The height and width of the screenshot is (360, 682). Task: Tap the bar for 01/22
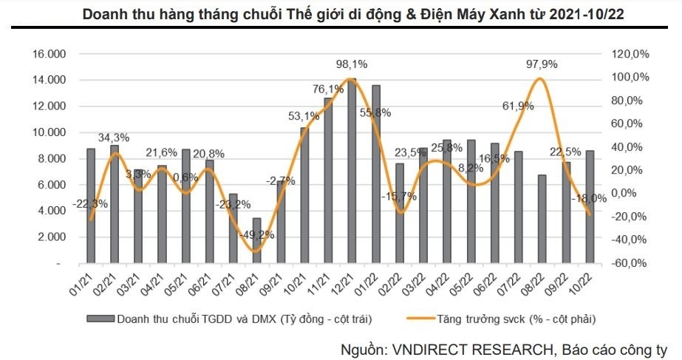[375, 174]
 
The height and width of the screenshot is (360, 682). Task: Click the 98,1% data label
[352, 64]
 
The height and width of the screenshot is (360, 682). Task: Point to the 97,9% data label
[542, 64]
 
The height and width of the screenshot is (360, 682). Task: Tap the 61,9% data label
[516, 106]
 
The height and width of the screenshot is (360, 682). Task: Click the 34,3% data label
[114, 137]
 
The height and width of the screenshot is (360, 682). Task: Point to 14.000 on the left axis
[50, 80]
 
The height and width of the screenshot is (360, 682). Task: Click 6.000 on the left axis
[52, 185]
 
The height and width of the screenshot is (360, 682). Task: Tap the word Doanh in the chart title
[106, 13]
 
